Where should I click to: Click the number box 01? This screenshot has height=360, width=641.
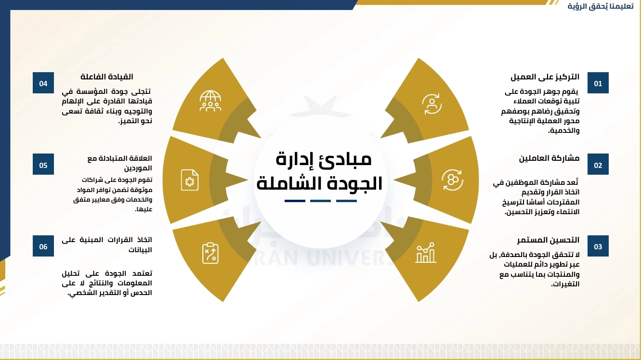[598, 83]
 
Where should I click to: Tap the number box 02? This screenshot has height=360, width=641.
[598, 164]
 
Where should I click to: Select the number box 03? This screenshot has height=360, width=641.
[598, 246]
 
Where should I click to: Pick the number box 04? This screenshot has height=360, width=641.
[43, 83]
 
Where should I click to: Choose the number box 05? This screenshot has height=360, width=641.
[43, 164]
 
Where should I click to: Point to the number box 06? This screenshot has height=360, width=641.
[43, 246]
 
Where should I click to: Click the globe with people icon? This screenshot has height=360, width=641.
[210, 101]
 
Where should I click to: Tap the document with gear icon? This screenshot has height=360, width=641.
[190, 180]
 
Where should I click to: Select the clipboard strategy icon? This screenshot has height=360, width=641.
[210, 253]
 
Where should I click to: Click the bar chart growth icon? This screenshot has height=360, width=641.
[426, 253]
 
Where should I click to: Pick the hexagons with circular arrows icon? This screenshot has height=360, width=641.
[452, 180]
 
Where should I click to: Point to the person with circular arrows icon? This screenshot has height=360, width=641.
[432, 104]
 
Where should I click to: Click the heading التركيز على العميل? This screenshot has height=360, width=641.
[545, 77]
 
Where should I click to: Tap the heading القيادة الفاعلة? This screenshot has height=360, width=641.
[107, 77]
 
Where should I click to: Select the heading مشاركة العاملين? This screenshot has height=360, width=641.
[549, 158]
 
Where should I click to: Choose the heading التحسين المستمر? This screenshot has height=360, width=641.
[548, 240]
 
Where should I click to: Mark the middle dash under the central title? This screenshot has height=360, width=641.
[321, 201]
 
